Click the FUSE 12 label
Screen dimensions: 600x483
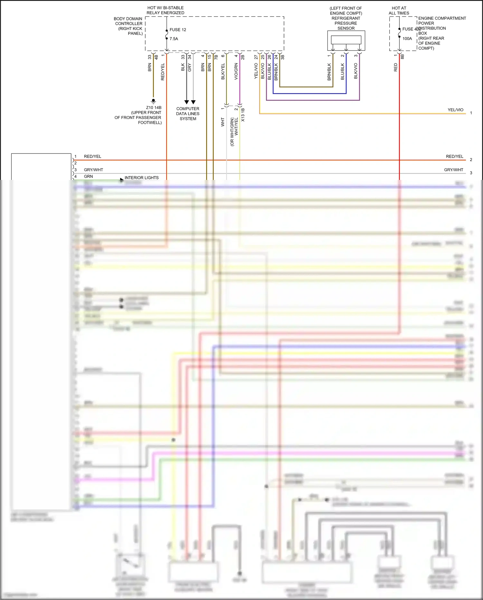178,30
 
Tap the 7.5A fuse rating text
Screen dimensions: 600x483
174,39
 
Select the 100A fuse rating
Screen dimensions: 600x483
407,39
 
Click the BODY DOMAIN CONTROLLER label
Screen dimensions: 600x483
128,26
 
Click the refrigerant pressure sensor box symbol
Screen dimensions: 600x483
346,40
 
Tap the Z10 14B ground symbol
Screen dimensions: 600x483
154,101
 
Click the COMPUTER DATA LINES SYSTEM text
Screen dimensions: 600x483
188,114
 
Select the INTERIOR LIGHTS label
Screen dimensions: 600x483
142,178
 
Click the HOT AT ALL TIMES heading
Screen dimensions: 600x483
399,11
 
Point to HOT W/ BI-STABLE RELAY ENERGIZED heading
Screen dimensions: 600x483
166,10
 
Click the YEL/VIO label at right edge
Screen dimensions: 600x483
455,110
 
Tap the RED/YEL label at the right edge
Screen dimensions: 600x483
454,156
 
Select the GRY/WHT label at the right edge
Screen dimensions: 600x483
453,170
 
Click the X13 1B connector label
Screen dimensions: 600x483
243,115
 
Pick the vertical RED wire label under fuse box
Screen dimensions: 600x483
395,67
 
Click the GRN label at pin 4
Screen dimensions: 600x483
88,177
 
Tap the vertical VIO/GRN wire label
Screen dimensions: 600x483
236,71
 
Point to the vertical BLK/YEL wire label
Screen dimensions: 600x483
223,71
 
